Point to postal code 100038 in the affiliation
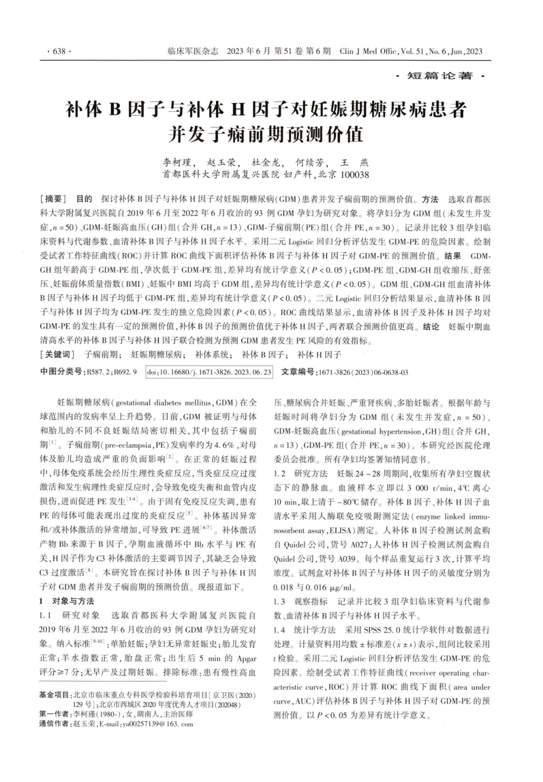click(x=354, y=174)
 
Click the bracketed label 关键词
click(x=57, y=355)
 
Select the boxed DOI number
click(x=209, y=372)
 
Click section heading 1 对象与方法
click(x=67, y=601)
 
